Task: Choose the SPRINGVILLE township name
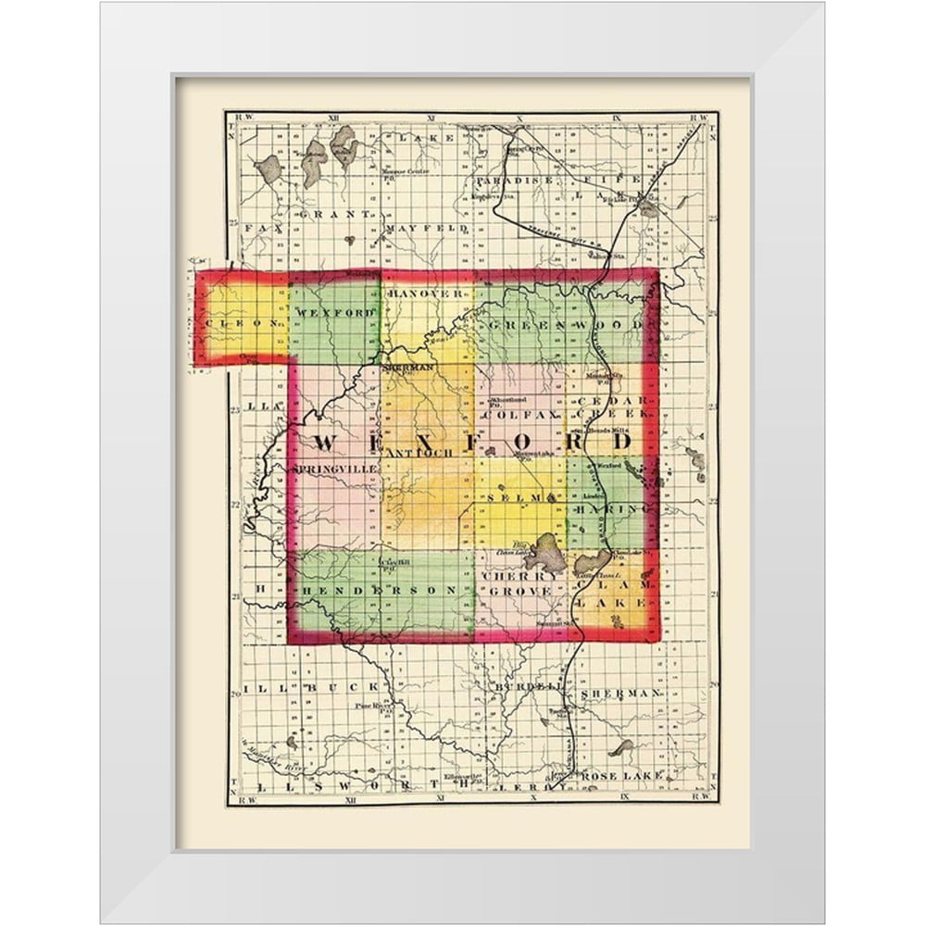click(x=335, y=469)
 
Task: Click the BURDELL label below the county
click(x=526, y=687)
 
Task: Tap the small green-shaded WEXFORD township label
click(x=335, y=313)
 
